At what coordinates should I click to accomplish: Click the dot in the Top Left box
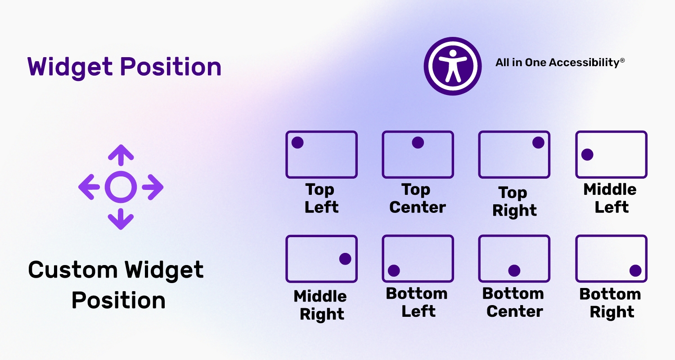(297, 143)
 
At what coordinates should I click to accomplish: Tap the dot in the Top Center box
(418, 143)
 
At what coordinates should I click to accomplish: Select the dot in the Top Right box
(538, 143)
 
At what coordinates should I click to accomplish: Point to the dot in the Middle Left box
(587, 154)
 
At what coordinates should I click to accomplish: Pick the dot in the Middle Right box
(345, 259)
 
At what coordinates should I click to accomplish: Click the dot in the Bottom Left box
(394, 270)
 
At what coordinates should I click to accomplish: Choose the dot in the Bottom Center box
(514, 270)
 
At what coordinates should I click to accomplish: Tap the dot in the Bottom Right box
(635, 270)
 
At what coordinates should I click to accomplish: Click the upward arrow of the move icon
(121, 155)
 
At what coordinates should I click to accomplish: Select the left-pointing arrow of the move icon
(89, 187)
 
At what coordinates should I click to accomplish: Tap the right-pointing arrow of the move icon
(153, 187)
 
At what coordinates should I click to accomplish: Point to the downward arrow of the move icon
(121, 219)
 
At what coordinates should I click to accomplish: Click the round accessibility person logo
(453, 66)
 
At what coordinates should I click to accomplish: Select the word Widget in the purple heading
(70, 67)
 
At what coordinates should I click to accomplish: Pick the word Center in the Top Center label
(418, 207)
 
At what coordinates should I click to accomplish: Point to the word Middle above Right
(320, 297)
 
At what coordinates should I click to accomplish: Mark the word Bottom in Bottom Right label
(610, 294)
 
